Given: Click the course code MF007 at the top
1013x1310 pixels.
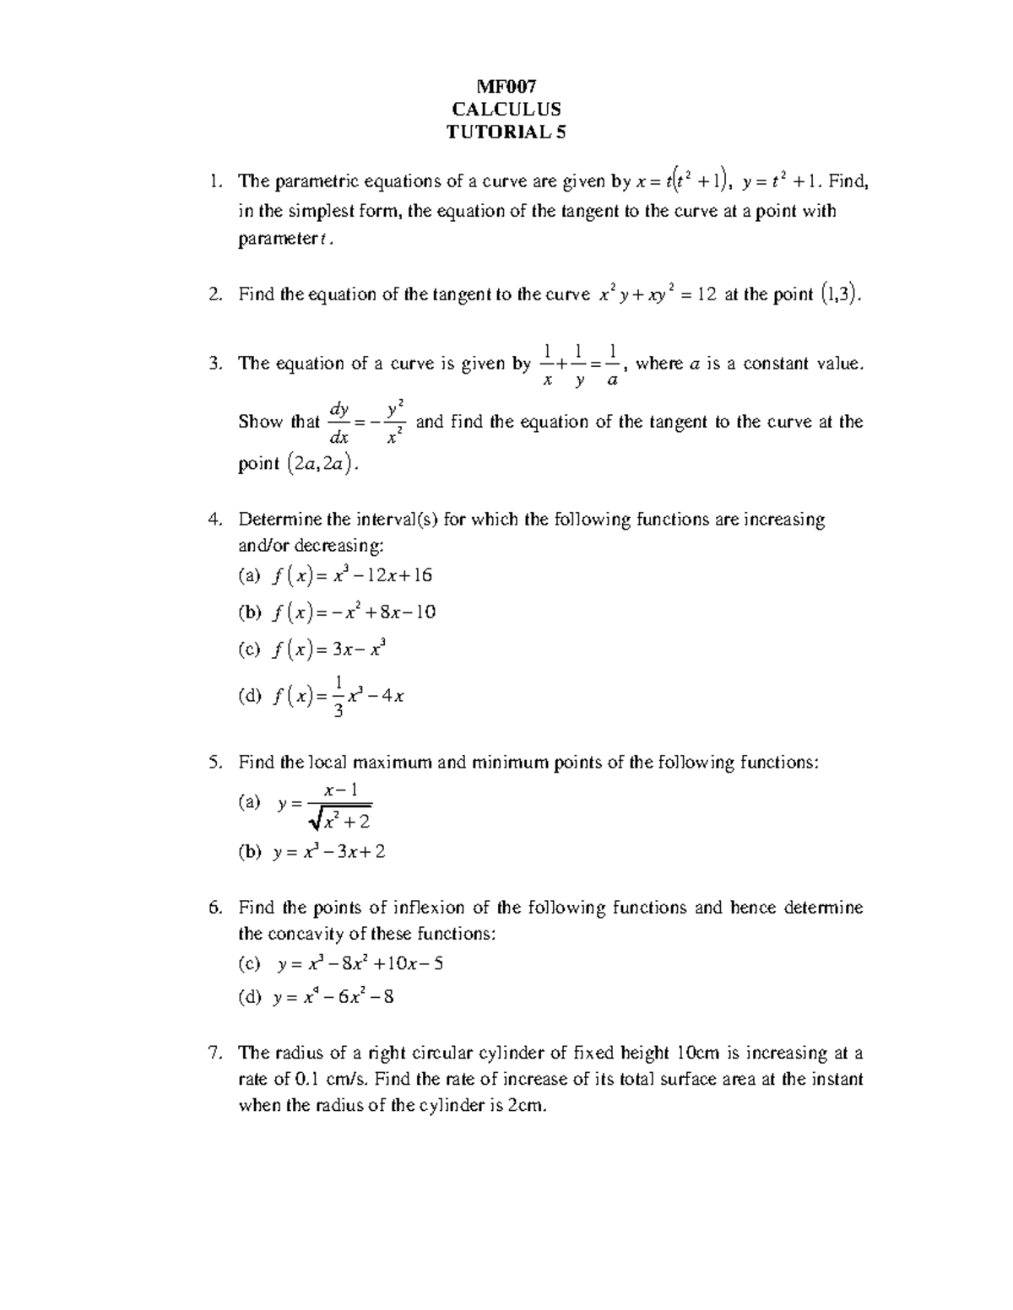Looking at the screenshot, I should pos(506,86).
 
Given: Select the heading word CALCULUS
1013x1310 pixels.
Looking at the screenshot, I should pos(506,109).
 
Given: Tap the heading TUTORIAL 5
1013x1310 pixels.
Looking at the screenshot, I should pos(506,132).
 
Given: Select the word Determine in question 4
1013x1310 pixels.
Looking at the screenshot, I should pos(278,520).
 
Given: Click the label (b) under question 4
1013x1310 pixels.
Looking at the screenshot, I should pos(251,612).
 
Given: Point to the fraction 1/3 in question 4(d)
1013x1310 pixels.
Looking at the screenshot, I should pos(338,696).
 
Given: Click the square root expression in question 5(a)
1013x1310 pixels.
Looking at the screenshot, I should pos(340,818).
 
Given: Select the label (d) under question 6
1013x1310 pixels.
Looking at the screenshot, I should pos(251,998).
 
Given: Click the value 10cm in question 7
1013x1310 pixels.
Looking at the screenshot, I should pos(696,1053).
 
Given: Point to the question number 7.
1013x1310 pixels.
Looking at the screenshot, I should pos(216,1053).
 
